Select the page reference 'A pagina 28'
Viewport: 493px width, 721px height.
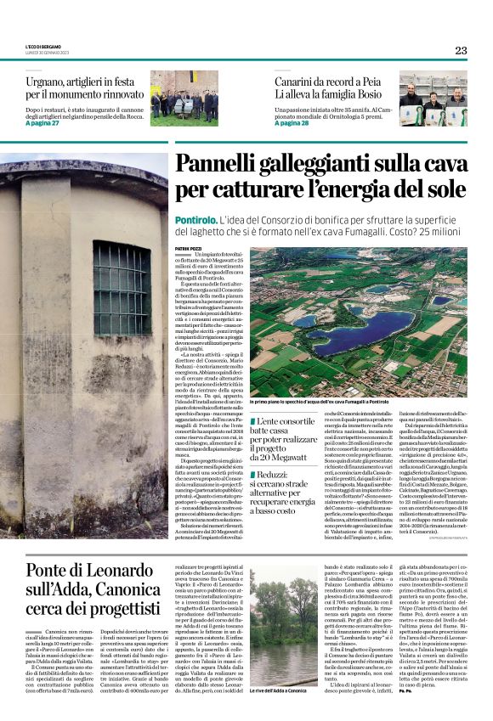[x=292, y=122]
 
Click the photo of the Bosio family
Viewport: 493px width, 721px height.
[x=433, y=103]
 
